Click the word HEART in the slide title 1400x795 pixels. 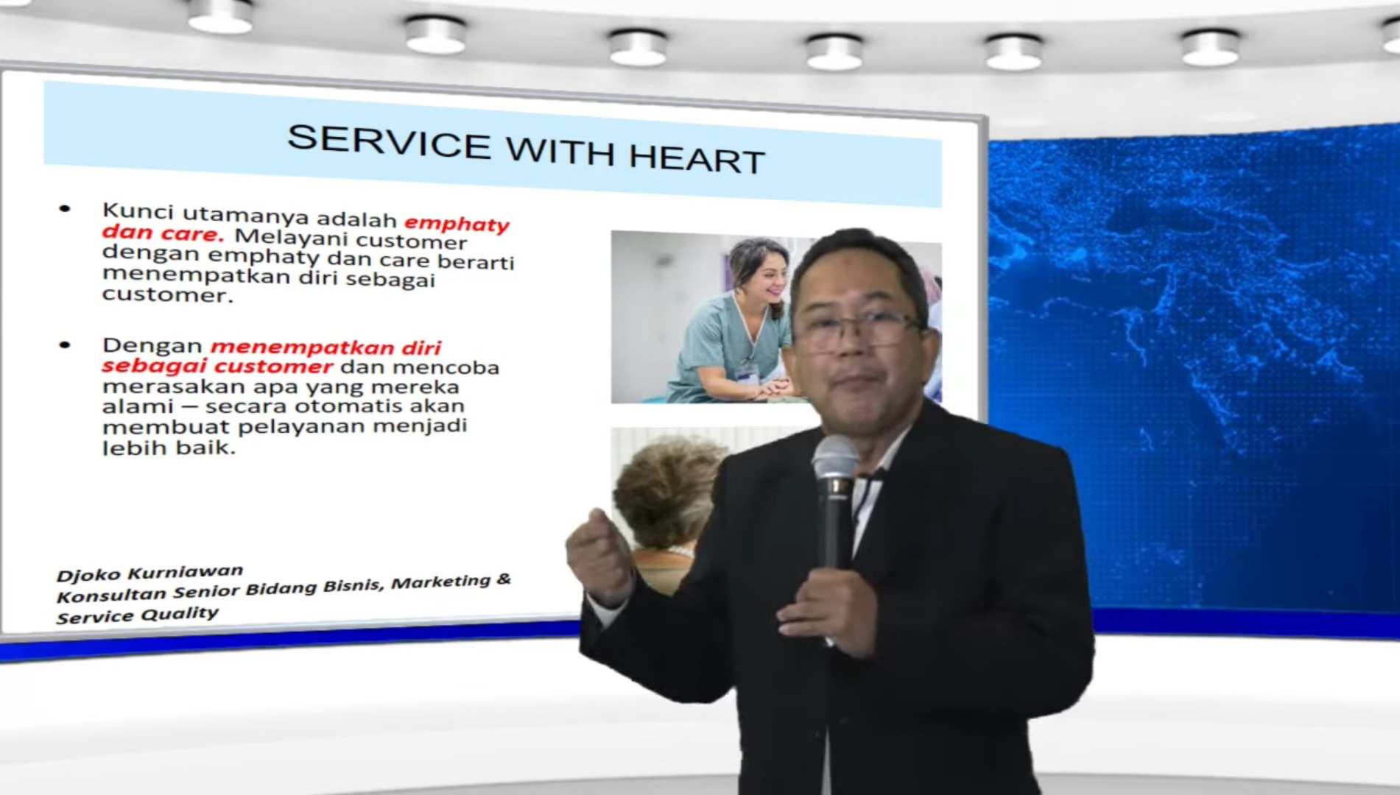coord(697,158)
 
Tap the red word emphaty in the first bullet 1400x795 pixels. coord(457,223)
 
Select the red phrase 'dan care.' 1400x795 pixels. coord(162,233)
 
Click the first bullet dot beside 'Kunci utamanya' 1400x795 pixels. coord(65,210)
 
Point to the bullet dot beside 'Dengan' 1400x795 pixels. coord(65,344)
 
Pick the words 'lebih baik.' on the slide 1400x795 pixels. coord(169,447)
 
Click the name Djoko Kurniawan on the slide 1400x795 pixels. coord(150,573)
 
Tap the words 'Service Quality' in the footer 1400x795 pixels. coord(137,615)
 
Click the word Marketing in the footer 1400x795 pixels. coord(440,583)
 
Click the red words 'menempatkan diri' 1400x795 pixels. coord(326,347)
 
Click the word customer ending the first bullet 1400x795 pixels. coord(167,294)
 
